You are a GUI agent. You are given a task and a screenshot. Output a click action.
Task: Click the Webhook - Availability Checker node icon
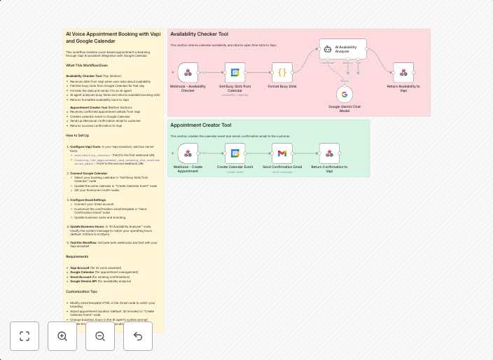pos(188,72)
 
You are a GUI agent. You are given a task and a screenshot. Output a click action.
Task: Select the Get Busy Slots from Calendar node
pos(235,72)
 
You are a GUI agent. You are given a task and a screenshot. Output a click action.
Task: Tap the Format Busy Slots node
pos(282,72)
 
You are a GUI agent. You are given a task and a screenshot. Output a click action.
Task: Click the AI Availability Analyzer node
pos(343,49)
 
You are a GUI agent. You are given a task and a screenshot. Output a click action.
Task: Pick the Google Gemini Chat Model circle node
pos(345,94)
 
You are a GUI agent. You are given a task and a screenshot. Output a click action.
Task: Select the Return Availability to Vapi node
pos(403,72)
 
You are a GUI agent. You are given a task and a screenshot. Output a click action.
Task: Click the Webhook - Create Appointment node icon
pos(188,153)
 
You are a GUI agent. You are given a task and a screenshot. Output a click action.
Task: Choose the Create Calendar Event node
pos(235,153)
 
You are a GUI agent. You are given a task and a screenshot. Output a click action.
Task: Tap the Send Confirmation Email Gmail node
pos(282,153)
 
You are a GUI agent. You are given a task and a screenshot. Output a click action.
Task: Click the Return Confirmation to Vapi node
pos(329,153)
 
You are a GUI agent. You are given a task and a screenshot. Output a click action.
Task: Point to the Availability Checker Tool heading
pos(199,34)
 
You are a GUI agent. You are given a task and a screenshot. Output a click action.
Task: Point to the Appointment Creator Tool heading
pos(200,125)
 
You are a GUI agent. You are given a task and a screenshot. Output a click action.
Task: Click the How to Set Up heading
pos(78,135)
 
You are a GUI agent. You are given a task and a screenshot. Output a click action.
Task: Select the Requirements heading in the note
pos(78,256)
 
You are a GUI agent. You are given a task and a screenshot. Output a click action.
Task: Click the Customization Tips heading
pos(82,291)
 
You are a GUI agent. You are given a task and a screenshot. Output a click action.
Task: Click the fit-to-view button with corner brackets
pos(25,336)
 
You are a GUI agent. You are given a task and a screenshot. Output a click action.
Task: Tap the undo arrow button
pos(138,336)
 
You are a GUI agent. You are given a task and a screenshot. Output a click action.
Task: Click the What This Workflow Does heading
pos(87,65)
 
